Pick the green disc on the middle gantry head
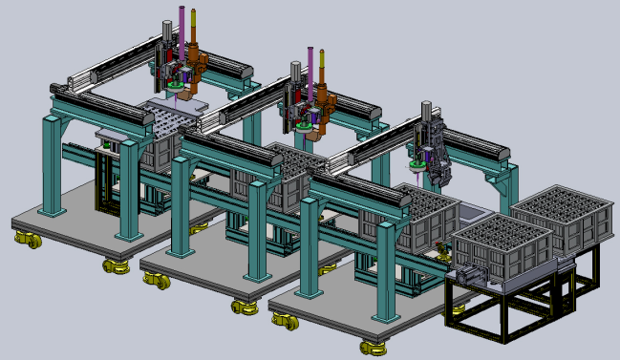[x=305, y=124]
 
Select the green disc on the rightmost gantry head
[x=417, y=164]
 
